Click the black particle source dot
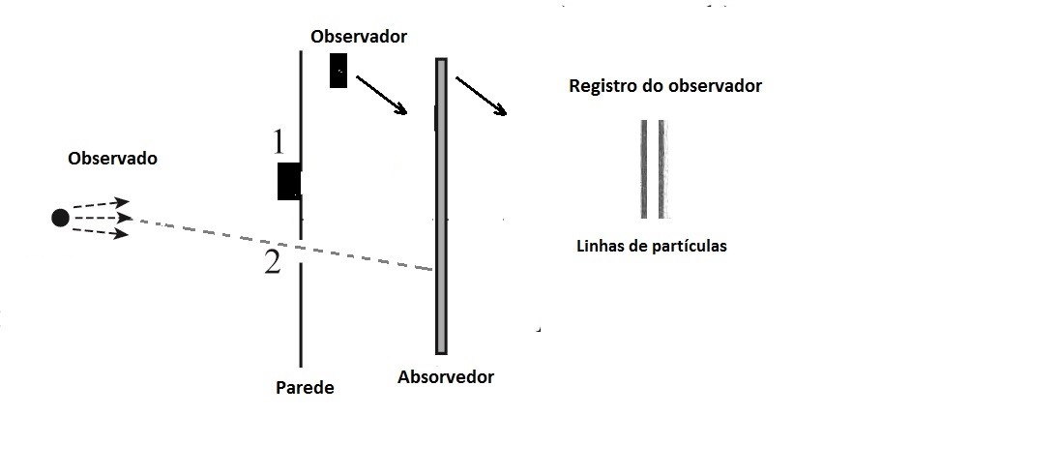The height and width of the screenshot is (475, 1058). tap(60, 218)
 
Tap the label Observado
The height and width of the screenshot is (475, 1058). tap(112, 159)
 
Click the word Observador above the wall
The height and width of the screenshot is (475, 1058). tap(359, 37)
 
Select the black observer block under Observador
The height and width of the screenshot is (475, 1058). tap(338, 71)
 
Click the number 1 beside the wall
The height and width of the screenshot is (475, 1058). tap(279, 143)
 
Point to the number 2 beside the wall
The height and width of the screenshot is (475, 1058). tap(273, 261)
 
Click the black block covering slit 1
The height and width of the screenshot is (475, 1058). tap(288, 181)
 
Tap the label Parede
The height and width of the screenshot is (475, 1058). tap(305, 388)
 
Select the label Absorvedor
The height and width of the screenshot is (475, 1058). tap(446, 377)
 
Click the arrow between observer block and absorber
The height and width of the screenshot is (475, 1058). tap(381, 95)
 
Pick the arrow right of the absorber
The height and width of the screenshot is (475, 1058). tap(481, 96)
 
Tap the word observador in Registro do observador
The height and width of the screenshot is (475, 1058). tap(713, 86)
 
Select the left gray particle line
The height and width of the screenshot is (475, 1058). tap(644, 169)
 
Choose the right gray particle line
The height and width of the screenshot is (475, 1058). tap(662, 169)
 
